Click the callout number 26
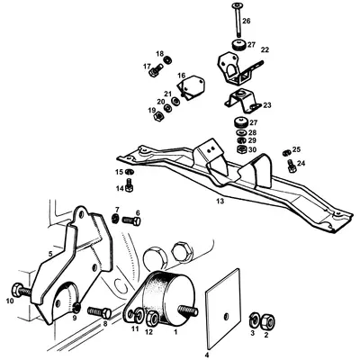[x=247, y=20]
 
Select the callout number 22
[x=265, y=50]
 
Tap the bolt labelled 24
[x=290, y=165]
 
